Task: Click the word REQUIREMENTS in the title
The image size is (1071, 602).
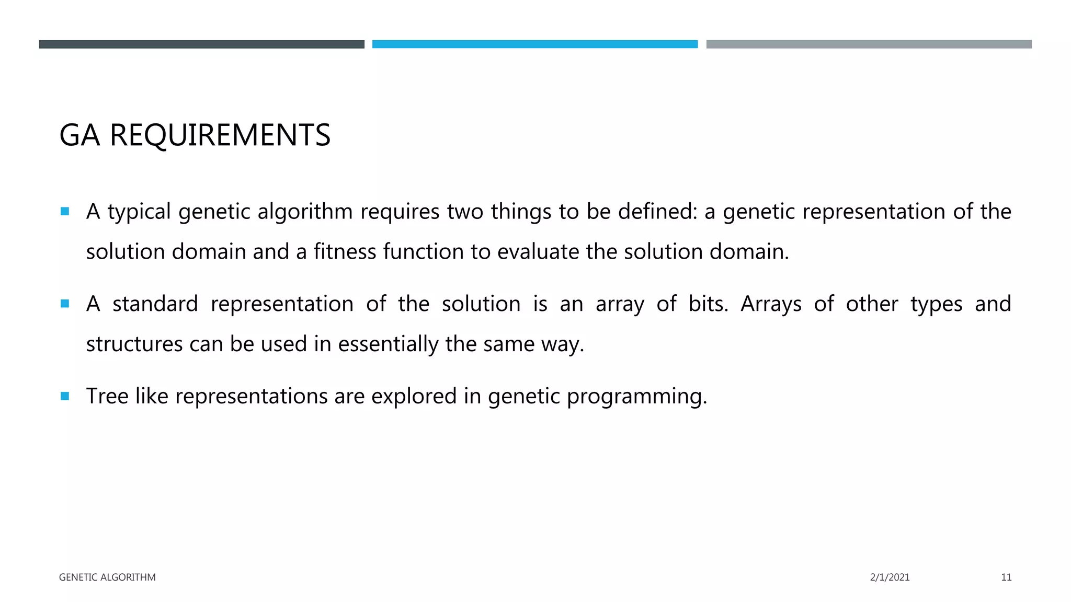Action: coord(220,135)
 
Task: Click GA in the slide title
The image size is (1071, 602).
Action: coord(79,135)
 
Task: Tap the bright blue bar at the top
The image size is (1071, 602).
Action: coord(534,44)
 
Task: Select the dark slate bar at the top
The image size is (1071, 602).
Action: coord(201,44)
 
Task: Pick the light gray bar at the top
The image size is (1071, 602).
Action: coord(869,44)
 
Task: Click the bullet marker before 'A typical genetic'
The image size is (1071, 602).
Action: coord(65,212)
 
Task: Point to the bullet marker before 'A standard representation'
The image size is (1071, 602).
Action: coord(65,304)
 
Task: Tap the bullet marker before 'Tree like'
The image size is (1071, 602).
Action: coord(65,396)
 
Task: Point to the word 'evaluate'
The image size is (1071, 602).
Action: coord(538,252)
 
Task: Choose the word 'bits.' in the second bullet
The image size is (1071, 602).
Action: coord(708,304)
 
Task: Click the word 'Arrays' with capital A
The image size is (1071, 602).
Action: coord(771,304)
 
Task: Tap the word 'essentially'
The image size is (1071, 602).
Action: coord(388,344)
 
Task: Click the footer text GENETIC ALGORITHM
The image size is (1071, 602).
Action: coord(107,577)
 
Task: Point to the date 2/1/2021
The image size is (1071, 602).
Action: coord(890,577)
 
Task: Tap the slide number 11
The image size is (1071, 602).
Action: coord(1006,577)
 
